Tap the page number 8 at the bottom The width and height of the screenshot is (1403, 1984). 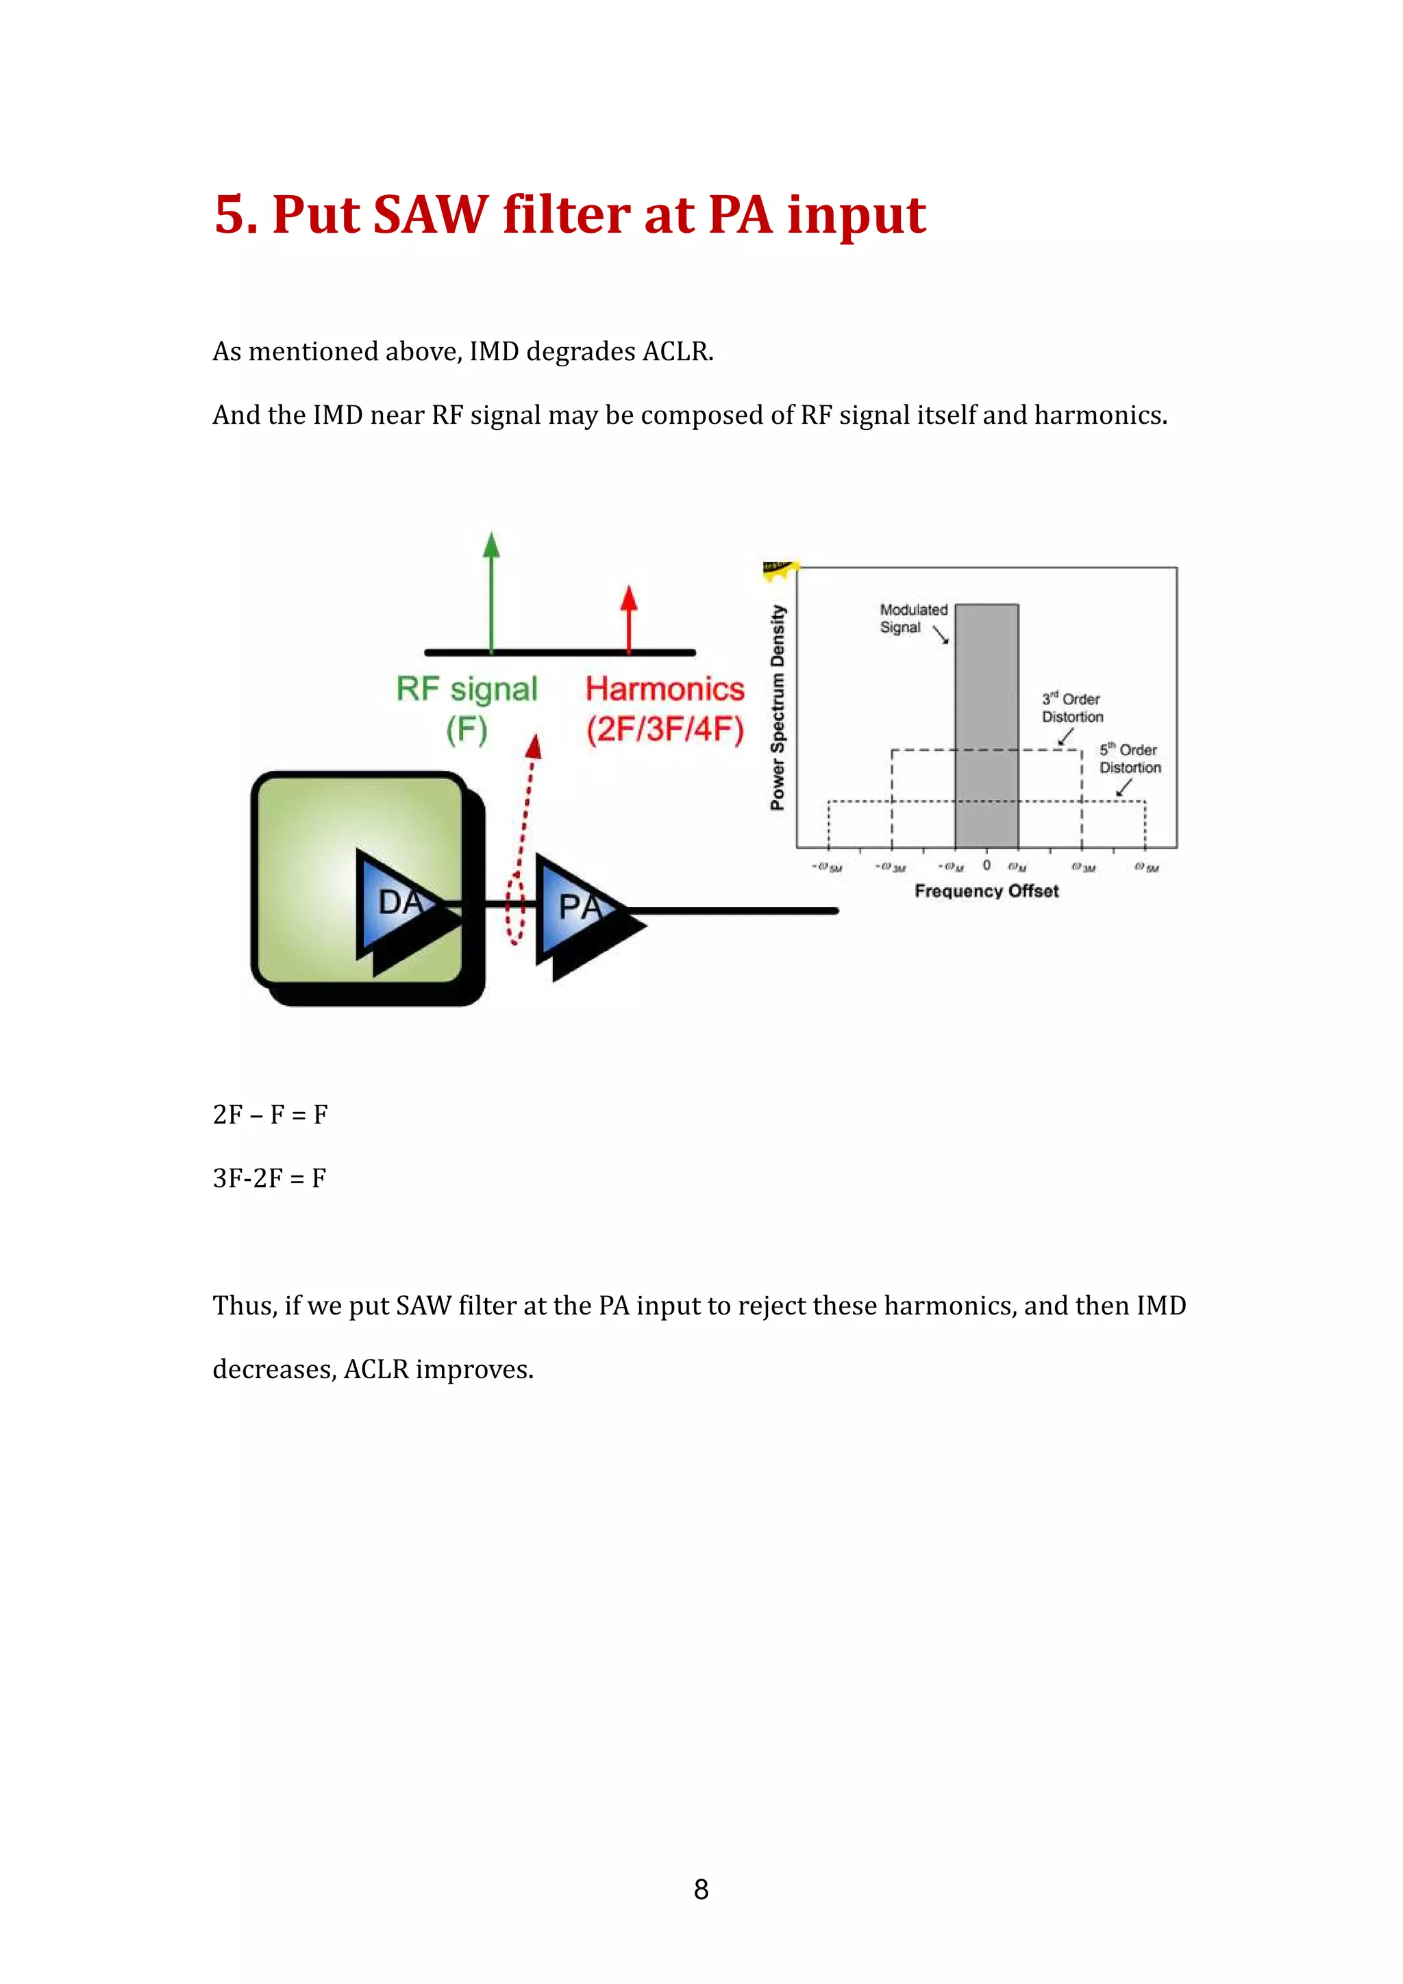[701, 1889]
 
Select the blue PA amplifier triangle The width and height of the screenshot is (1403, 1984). [575, 906]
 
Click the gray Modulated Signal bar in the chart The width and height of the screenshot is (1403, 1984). [986, 726]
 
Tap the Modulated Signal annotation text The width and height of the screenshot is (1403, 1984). [912, 618]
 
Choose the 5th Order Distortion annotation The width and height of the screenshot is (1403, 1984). [1129, 758]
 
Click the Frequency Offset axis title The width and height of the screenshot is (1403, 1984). [986, 891]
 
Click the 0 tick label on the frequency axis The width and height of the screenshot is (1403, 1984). [986, 865]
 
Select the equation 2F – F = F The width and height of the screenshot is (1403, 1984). [270, 1115]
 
